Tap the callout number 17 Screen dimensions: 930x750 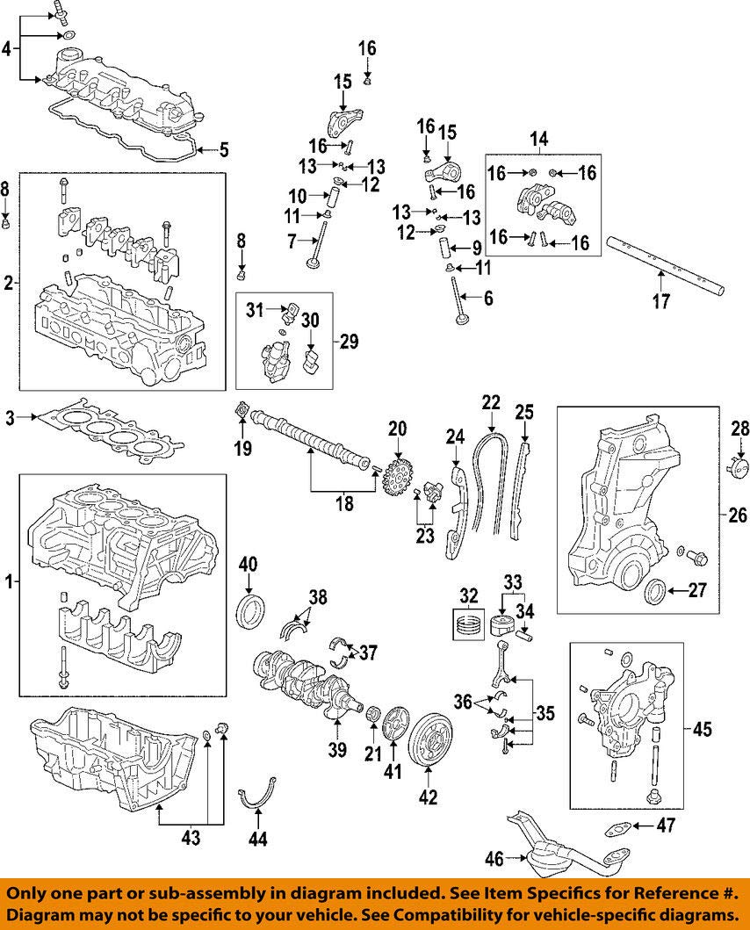[660, 302]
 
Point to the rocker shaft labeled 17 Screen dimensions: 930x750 [667, 264]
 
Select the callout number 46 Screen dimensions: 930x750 [496, 859]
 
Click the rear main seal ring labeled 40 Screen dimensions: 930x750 [251, 609]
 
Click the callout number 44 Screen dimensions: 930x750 [257, 840]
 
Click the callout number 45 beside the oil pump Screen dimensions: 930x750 [702, 729]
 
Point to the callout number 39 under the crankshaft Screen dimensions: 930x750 [337, 751]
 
